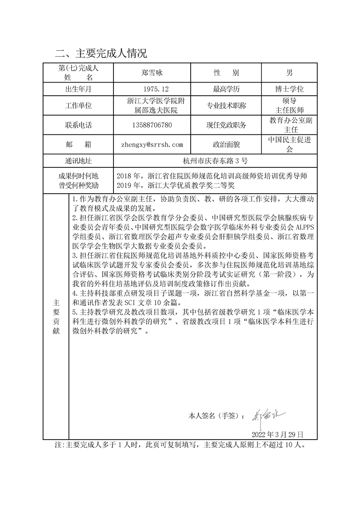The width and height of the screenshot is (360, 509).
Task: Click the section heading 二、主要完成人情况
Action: (101, 54)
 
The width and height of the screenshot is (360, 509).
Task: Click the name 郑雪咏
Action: (152, 73)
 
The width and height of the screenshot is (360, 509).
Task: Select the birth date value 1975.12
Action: (152, 89)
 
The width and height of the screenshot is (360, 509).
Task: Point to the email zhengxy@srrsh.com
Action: (152, 145)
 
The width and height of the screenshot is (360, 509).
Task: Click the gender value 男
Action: (289, 73)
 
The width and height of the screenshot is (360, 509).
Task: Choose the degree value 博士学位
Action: (289, 89)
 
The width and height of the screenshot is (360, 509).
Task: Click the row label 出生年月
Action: (78, 89)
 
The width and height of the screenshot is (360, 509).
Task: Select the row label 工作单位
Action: (78, 106)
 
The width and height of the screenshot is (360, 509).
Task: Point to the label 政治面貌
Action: (226, 145)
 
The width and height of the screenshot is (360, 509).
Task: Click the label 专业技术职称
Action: (226, 106)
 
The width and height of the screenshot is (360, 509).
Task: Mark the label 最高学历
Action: (226, 89)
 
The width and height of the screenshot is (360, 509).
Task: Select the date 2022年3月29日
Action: (277, 434)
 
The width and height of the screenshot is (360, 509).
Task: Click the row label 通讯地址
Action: (78, 161)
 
